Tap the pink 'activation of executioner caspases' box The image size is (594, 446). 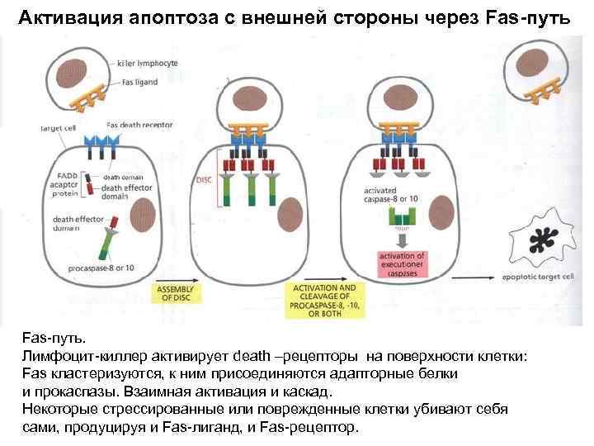point(404,262)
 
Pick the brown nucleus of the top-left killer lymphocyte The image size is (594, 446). point(82,68)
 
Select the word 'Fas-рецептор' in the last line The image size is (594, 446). point(312,427)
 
